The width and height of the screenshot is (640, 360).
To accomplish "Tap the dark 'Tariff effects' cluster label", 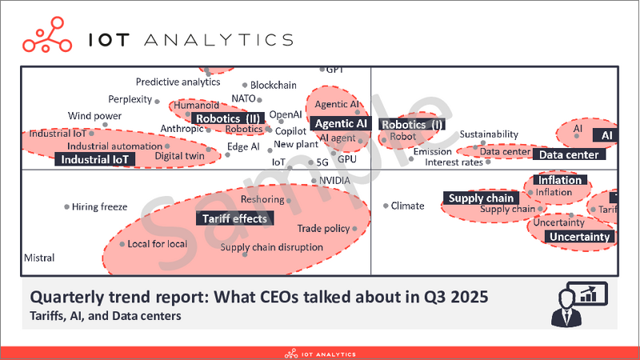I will (235, 218).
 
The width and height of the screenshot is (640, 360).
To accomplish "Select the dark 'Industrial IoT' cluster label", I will (94, 159).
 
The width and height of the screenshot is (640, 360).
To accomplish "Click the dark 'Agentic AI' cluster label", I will (341, 123).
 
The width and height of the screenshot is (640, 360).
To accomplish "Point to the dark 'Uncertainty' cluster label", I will (581, 237).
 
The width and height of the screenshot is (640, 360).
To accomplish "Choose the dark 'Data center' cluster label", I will (570, 154).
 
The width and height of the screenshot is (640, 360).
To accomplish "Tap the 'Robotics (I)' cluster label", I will (412, 124).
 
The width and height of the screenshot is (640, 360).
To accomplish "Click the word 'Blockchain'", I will (274, 85).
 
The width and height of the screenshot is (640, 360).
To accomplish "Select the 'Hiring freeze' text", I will (100, 207).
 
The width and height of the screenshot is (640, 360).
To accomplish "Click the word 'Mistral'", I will (39, 258).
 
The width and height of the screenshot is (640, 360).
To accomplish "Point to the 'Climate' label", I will (407, 206).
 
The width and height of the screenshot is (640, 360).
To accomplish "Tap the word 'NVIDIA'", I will (334, 181).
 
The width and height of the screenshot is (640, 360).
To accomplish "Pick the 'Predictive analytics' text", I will (178, 82).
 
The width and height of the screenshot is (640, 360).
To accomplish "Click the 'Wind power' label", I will (94, 116).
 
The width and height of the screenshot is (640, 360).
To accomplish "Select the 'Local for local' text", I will (158, 243).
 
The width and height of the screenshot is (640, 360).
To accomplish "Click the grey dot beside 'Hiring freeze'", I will (66, 207).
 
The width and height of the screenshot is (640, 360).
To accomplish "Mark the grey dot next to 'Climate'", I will (385, 206).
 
